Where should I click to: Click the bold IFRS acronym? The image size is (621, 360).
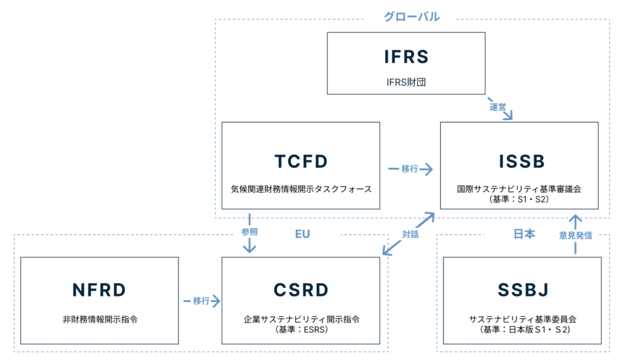pos(406,56)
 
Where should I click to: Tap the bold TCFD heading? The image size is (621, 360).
pos(301,161)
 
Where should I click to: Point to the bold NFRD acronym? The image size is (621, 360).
pos(99,290)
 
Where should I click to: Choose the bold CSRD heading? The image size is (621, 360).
pos(301,290)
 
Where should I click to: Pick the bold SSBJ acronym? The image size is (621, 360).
pos(522,290)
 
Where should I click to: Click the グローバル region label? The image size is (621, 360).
pos(411,17)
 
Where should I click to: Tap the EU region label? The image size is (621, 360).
pos(302,234)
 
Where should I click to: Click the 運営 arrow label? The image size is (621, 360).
pos(498,107)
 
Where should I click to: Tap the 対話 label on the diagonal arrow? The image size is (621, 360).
pos(410,234)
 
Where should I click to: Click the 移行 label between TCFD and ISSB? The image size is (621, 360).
pos(410,169)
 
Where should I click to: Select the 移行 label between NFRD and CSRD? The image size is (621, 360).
pos(202,301)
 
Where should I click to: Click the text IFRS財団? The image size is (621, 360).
pos(406,81)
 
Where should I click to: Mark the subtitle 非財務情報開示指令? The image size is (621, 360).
pos(99,318)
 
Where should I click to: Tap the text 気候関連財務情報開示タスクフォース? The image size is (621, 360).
pos(301,189)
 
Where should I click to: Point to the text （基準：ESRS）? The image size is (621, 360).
pos(301,330)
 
